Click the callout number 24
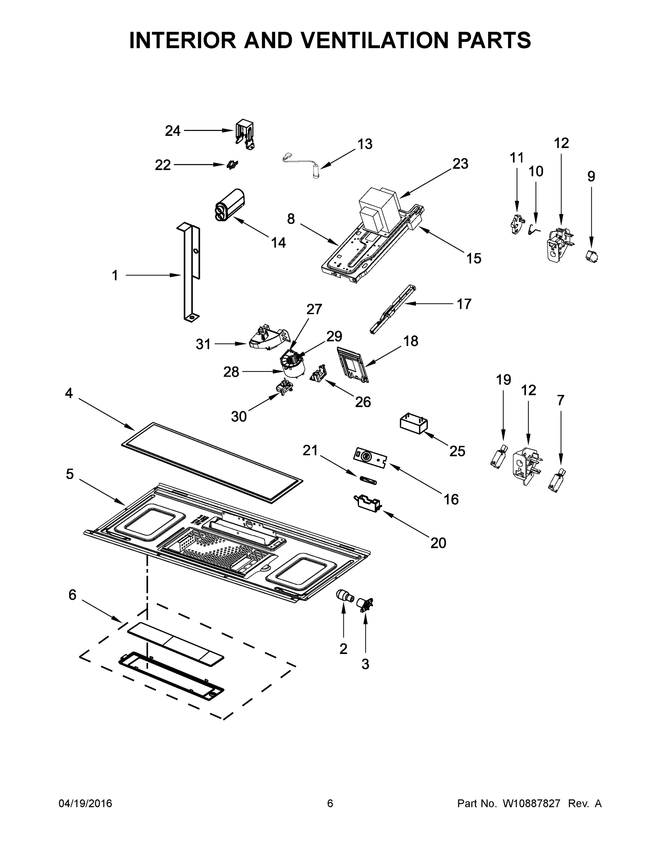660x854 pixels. pos(173,131)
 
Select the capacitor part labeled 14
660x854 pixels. pos(229,205)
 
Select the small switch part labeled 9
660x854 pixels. pos(592,257)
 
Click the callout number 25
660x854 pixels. pos(457,451)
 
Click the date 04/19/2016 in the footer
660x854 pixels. pos(85,803)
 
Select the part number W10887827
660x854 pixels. pos(531,803)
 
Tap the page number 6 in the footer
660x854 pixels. pos(330,803)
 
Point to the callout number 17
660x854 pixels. pos(464,304)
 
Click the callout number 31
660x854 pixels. pos(203,344)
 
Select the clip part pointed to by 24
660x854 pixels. pos(245,134)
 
